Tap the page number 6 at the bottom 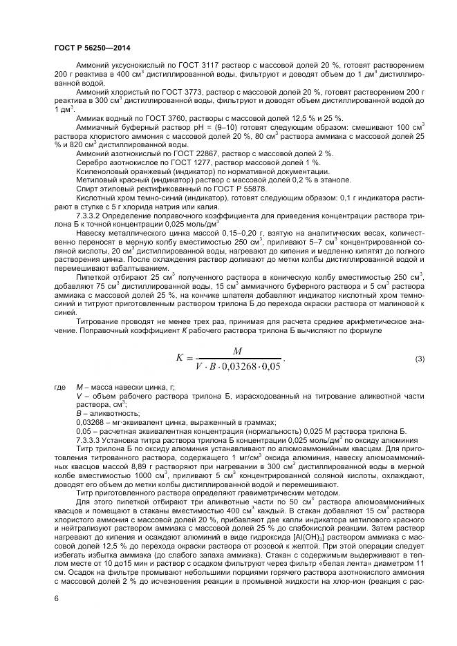(56, 598)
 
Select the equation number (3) (419, 359)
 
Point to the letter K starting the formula (180, 359)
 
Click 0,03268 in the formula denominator (244, 367)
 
